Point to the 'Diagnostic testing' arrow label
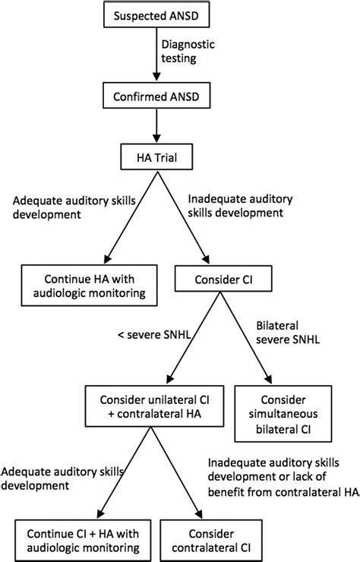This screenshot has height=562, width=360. coord(188,51)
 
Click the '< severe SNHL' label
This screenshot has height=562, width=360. coord(154,335)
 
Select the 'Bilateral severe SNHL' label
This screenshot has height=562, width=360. coord(288,332)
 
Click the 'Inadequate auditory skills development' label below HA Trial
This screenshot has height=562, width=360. coord(240,206)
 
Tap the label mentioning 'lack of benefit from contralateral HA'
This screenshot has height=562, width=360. coord(283,478)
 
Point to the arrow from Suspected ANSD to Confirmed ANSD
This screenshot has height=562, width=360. coord(156,55)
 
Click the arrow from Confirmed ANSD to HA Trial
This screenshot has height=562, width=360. coord(156,126)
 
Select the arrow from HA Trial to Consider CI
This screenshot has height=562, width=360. coord(183,217)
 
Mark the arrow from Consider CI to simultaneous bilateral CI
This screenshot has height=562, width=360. coord(246,338)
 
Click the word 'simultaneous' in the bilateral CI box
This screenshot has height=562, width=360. coord(283,414)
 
